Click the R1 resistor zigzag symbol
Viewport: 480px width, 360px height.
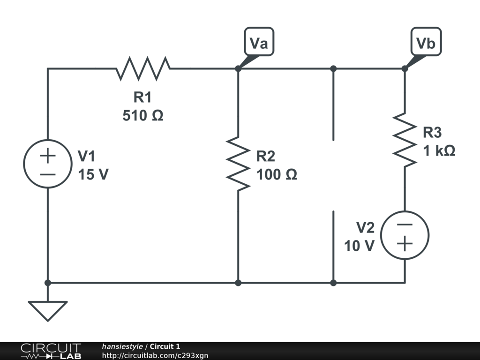[x=143, y=68]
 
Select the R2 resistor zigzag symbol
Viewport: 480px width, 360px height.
[x=238, y=164]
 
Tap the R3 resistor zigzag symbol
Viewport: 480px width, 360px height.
[x=405, y=139]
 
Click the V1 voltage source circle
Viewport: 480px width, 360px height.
[x=47, y=164]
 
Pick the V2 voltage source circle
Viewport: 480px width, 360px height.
[x=405, y=234]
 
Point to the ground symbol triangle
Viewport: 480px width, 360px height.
[x=47, y=310]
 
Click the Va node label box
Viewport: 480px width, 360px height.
[x=259, y=43]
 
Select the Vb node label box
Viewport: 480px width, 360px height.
[x=426, y=43]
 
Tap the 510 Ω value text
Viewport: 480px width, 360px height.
[x=143, y=115]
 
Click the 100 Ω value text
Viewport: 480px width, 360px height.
[x=277, y=175]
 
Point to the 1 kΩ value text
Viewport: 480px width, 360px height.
[x=439, y=151]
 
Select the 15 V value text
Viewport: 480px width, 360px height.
[x=93, y=175]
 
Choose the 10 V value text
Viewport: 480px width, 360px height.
[x=360, y=246]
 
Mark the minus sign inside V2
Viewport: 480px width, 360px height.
[x=405, y=225]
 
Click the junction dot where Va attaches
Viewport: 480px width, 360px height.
[x=238, y=68]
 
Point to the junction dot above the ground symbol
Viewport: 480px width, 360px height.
[x=47, y=283]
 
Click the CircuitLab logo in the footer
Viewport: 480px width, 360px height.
[x=51, y=351]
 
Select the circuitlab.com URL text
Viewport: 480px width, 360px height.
[x=155, y=355]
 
